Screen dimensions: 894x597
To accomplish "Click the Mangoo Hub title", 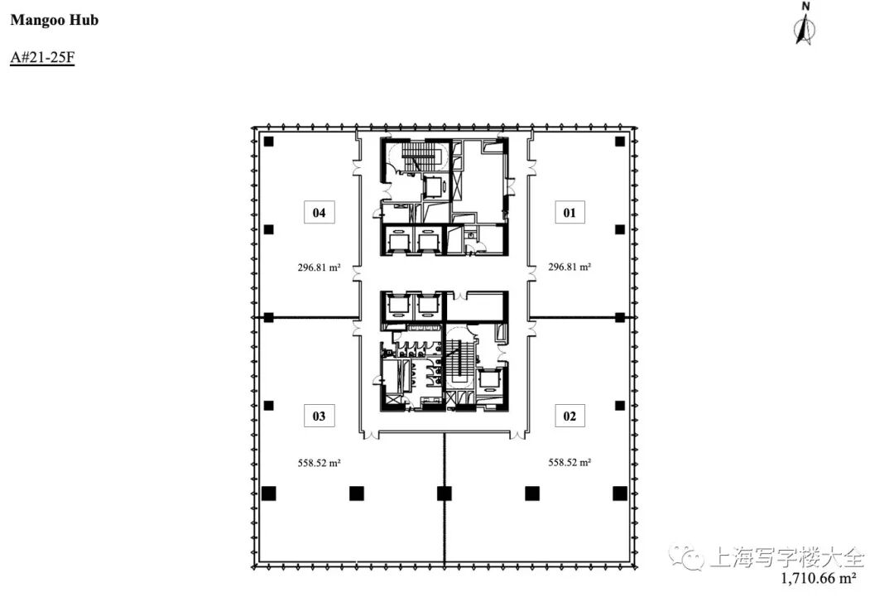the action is point(54,21).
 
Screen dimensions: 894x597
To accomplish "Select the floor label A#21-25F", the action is point(42,57).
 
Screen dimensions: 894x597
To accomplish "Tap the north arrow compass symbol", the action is point(805,24).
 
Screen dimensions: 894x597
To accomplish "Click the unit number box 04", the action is point(320,213).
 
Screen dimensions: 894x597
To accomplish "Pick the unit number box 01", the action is point(570,213).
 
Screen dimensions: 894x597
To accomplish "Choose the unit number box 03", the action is point(320,416).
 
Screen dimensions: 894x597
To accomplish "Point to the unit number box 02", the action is point(570,416).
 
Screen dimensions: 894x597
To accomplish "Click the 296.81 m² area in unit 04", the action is point(319,267).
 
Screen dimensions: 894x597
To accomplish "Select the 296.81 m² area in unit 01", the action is point(570,267).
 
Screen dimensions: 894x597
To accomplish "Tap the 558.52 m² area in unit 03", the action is point(319,463).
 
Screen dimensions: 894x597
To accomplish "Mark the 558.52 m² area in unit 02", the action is point(570,463).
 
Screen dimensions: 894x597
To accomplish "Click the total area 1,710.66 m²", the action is point(818,579).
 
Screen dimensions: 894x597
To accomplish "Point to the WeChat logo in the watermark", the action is point(686,557).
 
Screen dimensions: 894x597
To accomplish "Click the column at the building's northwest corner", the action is point(268,142).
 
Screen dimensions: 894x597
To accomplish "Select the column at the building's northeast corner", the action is point(620,142).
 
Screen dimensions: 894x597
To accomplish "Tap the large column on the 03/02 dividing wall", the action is point(445,493).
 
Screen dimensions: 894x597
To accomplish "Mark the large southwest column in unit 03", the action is point(268,493).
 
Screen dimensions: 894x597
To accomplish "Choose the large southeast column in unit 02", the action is point(620,493).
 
